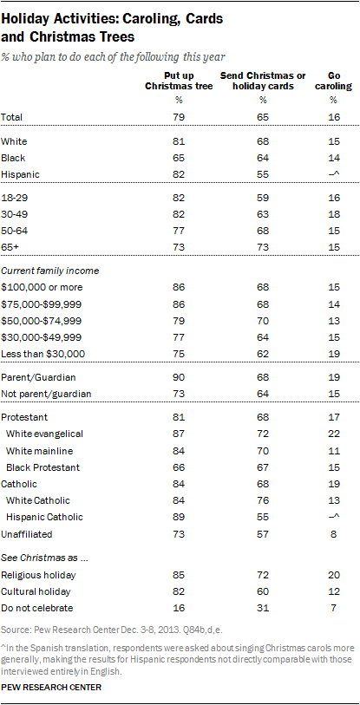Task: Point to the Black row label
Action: point(15,157)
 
